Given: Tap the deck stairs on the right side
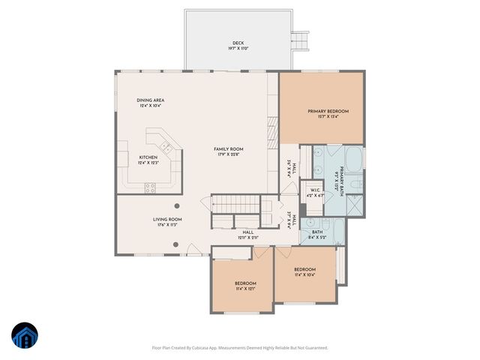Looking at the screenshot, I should [301, 39].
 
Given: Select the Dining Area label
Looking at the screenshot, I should [150, 103].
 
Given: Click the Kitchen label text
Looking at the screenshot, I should [148, 160].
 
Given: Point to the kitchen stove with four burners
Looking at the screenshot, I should [150, 186].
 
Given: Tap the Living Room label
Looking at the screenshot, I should [169, 221].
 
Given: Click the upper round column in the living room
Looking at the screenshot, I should [177, 205].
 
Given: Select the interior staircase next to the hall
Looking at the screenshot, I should [234, 202].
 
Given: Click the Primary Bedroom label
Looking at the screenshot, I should [328, 113].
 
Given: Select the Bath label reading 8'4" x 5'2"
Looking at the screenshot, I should [316, 234].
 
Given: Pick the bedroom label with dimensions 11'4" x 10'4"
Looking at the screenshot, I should [304, 271].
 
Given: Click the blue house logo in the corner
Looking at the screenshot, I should [24, 337].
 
